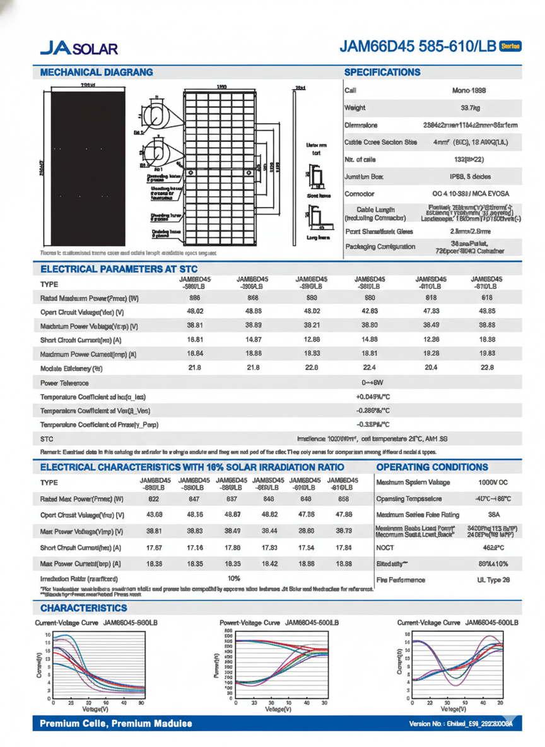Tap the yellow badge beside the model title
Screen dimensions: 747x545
pos(510,46)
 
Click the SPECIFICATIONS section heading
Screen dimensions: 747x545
pos(382,73)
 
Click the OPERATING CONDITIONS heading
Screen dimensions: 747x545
pos(431,467)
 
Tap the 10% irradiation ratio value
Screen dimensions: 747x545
pos(233,578)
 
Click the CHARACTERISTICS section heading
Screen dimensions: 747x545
pos(83,608)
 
